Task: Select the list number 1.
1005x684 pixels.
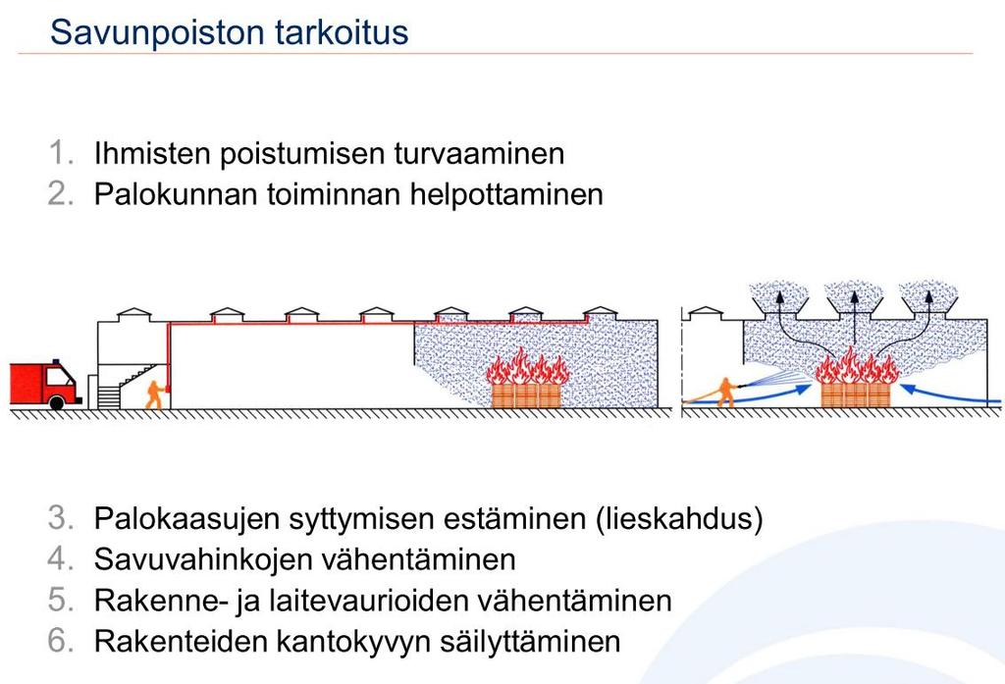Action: click(60, 153)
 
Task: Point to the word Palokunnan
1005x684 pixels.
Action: click(176, 194)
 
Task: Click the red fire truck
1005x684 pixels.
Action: click(45, 384)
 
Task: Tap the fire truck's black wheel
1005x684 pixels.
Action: click(57, 402)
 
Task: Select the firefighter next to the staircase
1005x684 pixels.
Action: click(154, 395)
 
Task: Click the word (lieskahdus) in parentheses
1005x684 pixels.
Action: click(679, 519)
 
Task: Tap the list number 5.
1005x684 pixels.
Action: click(60, 600)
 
